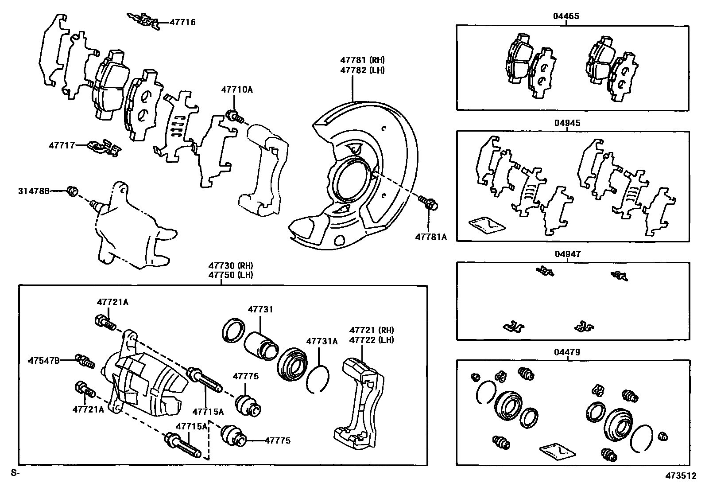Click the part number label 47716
click(x=182, y=22)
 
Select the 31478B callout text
click(x=34, y=191)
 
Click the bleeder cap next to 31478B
click(x=73, y=191)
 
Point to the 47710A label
click(x=237, y=90)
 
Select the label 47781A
click(x=430, y=237)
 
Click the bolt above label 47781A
click(x=429, y=203)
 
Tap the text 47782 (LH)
click(x=362, y=70)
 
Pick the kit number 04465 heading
click(x=566, y=16)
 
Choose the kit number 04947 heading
click(x=567, y=254)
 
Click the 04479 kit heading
click(x=566, y=352)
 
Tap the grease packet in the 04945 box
click(x=486, y=225)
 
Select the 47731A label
click(x=322, y=341)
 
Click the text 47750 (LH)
click(x=231, y=274)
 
